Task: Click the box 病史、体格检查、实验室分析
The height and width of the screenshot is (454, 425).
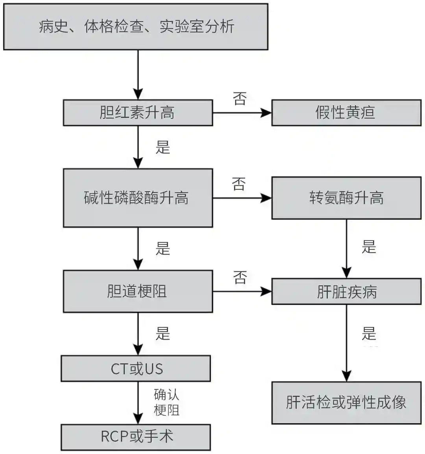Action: pos(136,27)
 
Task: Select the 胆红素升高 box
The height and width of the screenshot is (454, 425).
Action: pos(138,113)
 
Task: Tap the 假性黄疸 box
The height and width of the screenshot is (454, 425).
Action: pos(346,113)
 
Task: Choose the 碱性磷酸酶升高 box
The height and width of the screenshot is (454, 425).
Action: pos(138,198)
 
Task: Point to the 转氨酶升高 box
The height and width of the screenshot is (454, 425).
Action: pos(346,198)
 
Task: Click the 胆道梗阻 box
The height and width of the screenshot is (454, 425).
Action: pos(138,291)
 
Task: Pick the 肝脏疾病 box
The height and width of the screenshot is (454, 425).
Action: pos(346,291)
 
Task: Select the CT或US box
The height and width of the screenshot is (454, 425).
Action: pos(136,368)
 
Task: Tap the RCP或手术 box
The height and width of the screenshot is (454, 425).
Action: pos(136,437)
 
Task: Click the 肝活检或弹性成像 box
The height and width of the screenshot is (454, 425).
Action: pos(346,403)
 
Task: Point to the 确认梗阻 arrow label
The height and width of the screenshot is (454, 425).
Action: pos(166,402)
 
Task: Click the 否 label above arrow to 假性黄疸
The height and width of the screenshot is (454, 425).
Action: pos(240,98)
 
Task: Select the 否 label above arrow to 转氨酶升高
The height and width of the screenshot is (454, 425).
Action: pos(239,183)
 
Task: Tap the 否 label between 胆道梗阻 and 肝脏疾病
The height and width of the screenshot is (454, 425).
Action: pos(240,277)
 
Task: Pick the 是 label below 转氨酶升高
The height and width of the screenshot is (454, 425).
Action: pos(369,247)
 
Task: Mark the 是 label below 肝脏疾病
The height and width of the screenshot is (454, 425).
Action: pos(369,333)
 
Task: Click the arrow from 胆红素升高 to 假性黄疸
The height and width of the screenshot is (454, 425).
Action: pos(242,113)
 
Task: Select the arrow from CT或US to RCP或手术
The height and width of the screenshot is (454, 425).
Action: pos(138,403)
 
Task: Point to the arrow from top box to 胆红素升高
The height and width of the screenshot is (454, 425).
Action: pos(138,75)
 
